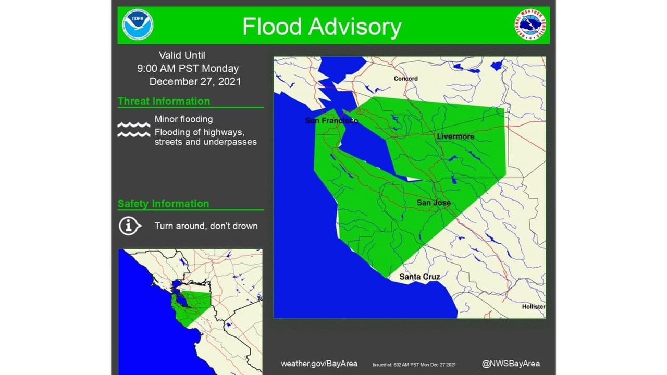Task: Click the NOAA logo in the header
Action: click(x=138, y=25)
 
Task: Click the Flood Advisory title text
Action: click(x=322, y=27)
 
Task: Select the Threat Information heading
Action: click(x=164, y=101)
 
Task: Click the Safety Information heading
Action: click(x=163, y=204)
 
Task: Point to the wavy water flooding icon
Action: click(x=133, y=130)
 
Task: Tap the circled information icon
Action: click(x=130, y=226)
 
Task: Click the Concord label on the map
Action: click(x=405, y=79)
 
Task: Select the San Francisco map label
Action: click(x=331, y=121)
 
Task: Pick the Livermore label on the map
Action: click(x=455, y=136)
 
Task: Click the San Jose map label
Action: click(x=434, y=203)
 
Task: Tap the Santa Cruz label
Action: click(x=419, y=277)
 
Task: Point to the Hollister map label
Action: click(x=534, y=307)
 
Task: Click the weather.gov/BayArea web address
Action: click(x=319, y=364)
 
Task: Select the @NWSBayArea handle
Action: click(x=511, y=364)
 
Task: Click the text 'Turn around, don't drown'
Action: click(x=206, y=226)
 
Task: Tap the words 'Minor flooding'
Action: click(x=183, y=119)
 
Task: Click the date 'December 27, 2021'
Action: click(x=195, y=82)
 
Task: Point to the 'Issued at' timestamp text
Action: click(x=414, y=364)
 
